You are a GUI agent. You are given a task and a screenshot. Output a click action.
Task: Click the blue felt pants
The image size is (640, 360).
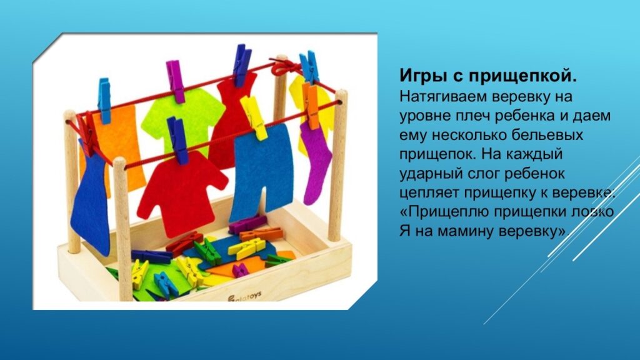(262, 171)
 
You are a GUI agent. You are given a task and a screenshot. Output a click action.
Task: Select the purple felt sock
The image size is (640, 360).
(316, 163)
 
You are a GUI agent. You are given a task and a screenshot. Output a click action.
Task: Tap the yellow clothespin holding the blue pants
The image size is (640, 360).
(254, 117)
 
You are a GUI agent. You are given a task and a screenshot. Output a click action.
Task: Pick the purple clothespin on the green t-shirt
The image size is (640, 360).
(175, 81)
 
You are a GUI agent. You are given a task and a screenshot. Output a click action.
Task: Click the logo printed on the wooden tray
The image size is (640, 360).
(244, 297)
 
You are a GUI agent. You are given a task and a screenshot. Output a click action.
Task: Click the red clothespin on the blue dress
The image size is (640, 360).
(87, 134)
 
